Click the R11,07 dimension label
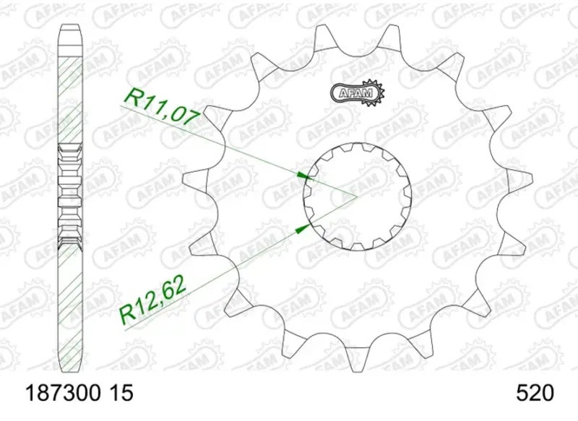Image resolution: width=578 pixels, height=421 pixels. pyautogui.click(x=163, y=108)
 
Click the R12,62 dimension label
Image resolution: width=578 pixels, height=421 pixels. pyautogui.click(x=153, y=300)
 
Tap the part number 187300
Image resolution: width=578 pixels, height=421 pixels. pyautogui.click(x=63, y=393)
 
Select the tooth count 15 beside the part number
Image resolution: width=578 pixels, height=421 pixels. pyautogui.click(x=121, y=393)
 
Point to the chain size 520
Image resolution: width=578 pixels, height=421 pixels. pyautogui.click(x=535, y=393)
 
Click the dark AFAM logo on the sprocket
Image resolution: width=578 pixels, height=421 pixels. pyautogui.click(x=358, y=92)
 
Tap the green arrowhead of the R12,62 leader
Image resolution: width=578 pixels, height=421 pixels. pyautogui.click(x=303, y=228)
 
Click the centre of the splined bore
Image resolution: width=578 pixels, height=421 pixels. pyautogui.click(x=357, y=196)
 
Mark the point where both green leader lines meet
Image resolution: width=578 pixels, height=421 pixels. pyautogui.click(x=357, y=196)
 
